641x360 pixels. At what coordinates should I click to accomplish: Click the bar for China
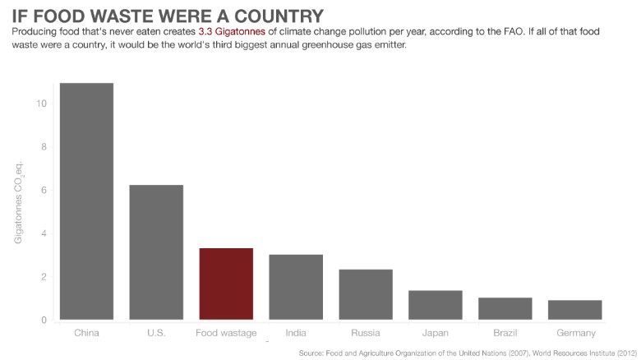(86, 201)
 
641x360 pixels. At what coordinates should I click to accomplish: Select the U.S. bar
(156, 252)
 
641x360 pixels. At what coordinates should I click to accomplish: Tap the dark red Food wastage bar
(226, 284)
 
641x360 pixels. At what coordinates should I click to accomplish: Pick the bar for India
(296, 287)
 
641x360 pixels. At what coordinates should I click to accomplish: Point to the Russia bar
(366, 294)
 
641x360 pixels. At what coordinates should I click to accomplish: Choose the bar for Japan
(436, 305)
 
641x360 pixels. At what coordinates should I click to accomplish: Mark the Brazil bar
(505, 308)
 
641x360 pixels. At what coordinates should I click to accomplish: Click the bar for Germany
(575, 310)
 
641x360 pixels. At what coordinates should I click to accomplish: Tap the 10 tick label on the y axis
(41, 104)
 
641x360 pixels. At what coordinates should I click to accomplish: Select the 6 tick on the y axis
(44, 190)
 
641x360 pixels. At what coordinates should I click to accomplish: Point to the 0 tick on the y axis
(44, 321)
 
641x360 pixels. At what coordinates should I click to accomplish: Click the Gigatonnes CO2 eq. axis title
(18, 203)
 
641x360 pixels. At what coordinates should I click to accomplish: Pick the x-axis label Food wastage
(226, 333)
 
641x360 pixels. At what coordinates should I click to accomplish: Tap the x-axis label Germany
(576, 333)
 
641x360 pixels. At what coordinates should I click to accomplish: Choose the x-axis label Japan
(436, 333)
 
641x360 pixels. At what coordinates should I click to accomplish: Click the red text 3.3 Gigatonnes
(232, 31)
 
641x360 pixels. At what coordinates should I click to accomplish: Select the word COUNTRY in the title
(279, 16)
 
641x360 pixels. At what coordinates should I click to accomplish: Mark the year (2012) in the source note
(627, 353)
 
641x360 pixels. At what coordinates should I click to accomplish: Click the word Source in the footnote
(311, 353)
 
